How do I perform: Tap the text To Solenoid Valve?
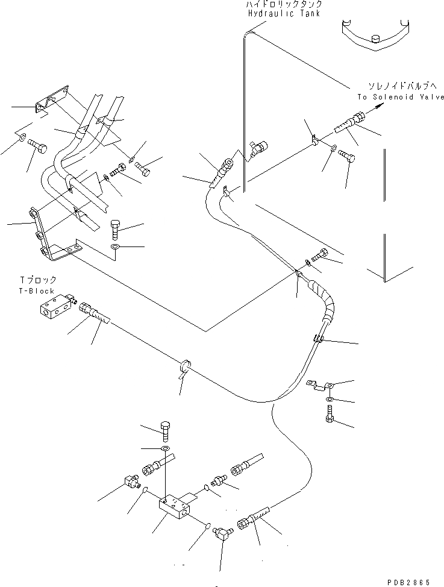click(400, 97)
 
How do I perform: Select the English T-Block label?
click(37, 290)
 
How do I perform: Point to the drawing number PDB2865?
click(409, 582)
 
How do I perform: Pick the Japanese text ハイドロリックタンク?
click(283, 5)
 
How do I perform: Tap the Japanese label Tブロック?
click(38, 280)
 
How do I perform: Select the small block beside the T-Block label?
click(52, 309)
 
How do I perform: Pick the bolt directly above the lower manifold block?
click(167, 429)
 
